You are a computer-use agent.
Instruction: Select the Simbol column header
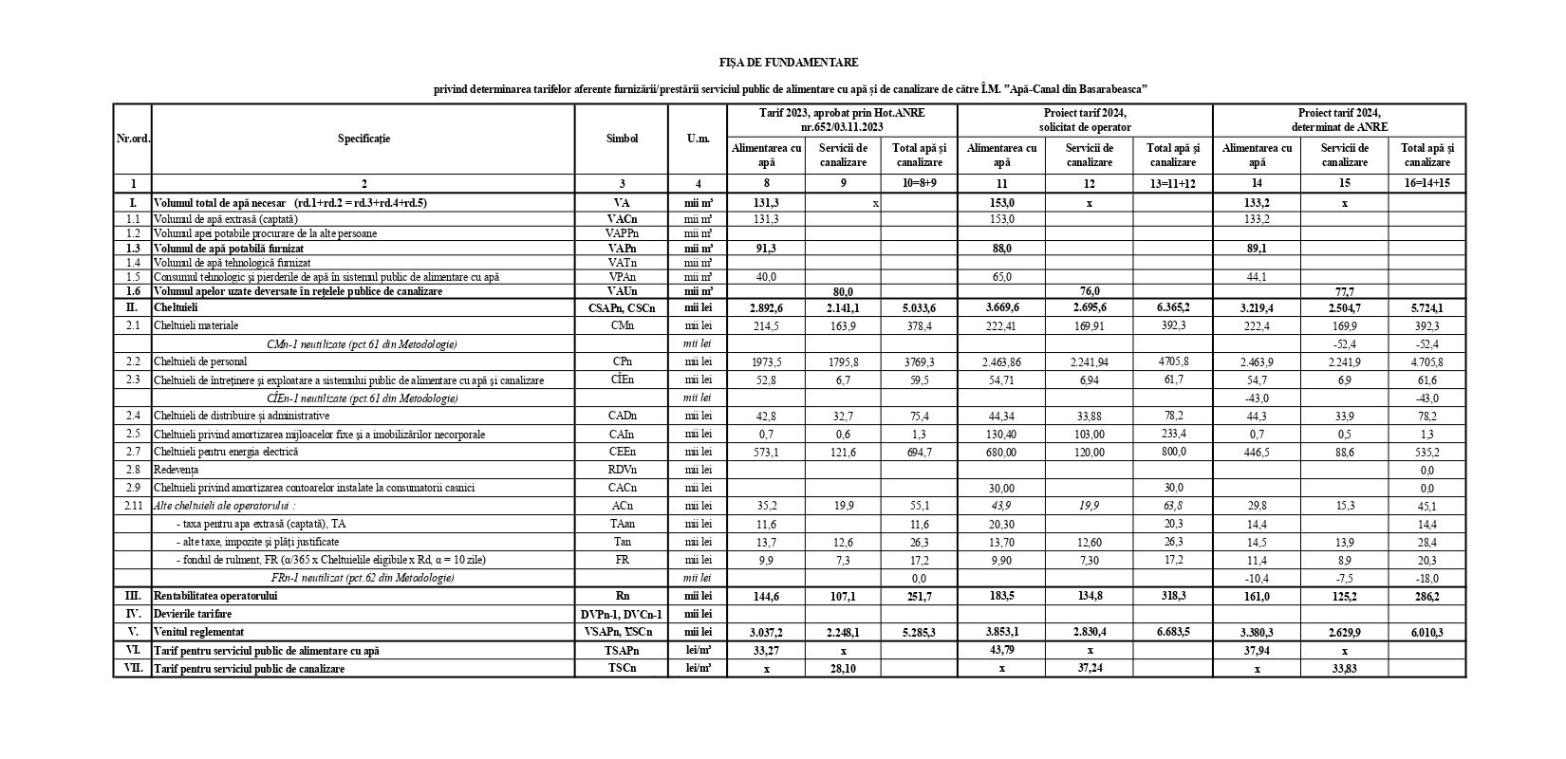pyautogui.click(x=622, y=139)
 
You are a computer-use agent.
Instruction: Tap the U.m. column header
pyautogui.click(x=698, y=139)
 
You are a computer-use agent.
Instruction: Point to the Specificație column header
pyautogui.click(x=364, y=139)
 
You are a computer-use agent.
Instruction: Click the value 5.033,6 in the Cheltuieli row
pyautogui.click(x=918, y=307)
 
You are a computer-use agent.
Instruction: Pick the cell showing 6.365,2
pyautogui.click(x=1173, y=307)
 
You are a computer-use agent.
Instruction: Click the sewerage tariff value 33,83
pyautogui.click(x=1345, y=668)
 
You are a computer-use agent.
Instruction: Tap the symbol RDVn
pyautogui.click(x=622, y=470)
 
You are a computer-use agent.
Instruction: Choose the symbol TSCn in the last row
pyautogui.click(x=622, y=668)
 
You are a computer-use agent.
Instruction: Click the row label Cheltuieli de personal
pyautogui.click(x=200, y=361)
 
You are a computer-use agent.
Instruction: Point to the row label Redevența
pyautogui.click(x=177, y=470)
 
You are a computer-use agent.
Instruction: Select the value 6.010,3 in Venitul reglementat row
pyautogui.click(x=1426, y=631)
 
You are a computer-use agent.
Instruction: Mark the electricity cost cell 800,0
pyautogui.click(x=1173, y=452)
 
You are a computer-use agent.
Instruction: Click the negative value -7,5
pyautogui.click(x=1345, y=578)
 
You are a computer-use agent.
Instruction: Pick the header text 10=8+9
pyautogui.click(x=918, y=183)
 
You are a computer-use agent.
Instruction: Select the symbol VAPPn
pyautogui.click(x=622, y=233)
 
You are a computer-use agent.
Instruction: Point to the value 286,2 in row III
pyautogui.click(x=1426, y=597)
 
